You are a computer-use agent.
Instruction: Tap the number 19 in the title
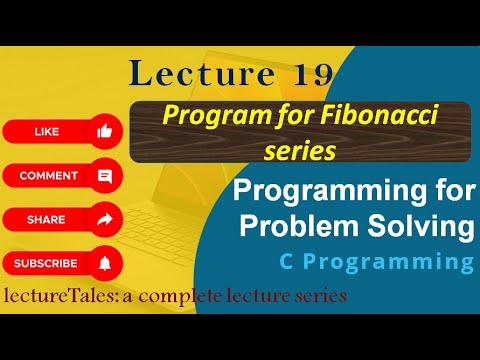point(307,75)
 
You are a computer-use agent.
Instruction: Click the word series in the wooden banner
point(300,150)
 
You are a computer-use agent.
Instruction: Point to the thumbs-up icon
point(104,131)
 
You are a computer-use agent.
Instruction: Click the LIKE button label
point(46,131)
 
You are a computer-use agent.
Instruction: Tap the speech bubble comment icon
point(104,175)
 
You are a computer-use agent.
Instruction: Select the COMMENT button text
point(48,175)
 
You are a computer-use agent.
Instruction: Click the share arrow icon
point(104,219)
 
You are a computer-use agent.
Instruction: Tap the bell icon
point(104,263)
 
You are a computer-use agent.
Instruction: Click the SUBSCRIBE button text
point(46,263)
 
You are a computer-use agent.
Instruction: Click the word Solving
point(421,226)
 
